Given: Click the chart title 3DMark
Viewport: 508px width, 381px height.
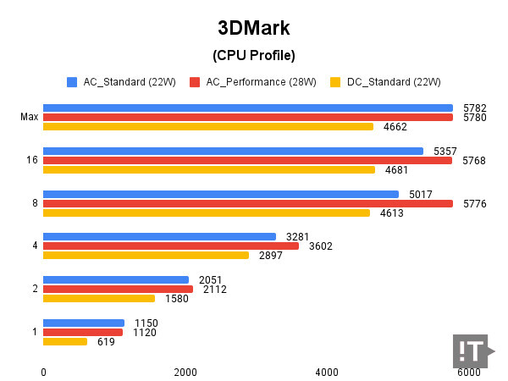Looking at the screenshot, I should pos(253,28).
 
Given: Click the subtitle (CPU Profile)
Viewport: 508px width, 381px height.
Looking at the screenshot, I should pos(253,57).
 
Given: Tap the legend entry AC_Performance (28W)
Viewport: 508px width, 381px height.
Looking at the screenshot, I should pos(252,82).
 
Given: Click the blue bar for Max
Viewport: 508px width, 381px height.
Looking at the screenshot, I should pos(247,108).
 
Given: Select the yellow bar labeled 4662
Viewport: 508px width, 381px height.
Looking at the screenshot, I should pos(207,127).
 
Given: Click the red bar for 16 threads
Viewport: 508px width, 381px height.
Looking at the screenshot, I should pos(247,160).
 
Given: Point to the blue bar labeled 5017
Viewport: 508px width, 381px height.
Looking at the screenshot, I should pos(220,194).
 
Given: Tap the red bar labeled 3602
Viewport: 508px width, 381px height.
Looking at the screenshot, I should pos(170,246).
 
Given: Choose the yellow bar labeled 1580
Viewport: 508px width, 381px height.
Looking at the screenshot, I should pos(99,298).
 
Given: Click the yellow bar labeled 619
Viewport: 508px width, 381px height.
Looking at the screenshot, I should pos(65,341).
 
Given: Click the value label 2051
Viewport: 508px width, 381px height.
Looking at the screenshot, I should pos(210,280).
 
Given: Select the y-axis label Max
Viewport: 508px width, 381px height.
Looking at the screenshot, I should pos(29,117).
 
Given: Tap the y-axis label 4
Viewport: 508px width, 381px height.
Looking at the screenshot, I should pos(35,246).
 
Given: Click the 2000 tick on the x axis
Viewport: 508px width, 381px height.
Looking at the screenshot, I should pos(185,373).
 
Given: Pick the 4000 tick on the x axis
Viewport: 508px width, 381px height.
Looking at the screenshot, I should pos(327,373).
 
